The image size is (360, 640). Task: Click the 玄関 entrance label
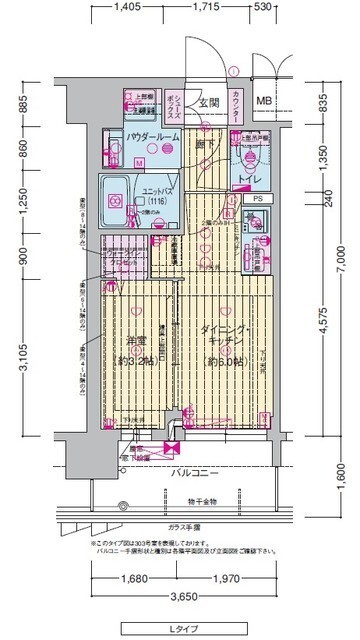point(208,102)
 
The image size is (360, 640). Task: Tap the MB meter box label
point(263,101)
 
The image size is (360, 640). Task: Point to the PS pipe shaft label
point(257,199)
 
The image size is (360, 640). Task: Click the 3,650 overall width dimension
point(180,596)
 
